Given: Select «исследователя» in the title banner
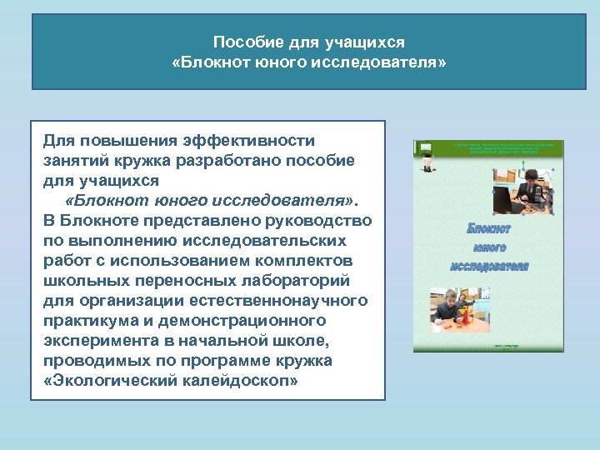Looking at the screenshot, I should pyautogui.click(x=379, y=62).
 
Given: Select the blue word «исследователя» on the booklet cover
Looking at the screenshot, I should pyautogui.click(x=489, y=266).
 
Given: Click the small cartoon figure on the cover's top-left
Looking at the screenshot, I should pyautogui.click(x=427, y=162).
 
